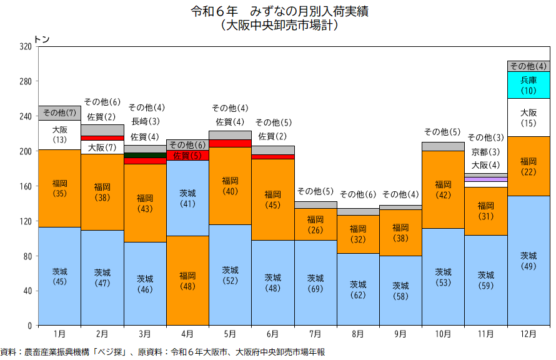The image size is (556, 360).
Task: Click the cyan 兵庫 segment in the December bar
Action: (529, 85)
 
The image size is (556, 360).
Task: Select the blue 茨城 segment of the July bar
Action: (315, 282)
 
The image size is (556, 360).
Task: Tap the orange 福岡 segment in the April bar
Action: (187, 280)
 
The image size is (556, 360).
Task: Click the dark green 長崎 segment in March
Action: (145, 155)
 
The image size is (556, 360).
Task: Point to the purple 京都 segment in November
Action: (486, 179)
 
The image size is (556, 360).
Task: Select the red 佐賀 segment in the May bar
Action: (230, 143)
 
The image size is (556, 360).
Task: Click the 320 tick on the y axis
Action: (26, 47)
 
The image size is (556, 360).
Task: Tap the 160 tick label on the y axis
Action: (26, 186)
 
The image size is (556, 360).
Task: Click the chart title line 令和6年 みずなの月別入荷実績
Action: (278, 12)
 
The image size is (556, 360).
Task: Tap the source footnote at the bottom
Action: (162, 352)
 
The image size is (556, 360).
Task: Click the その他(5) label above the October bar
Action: (442, 132)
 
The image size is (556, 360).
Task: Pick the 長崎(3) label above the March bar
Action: (145, 122)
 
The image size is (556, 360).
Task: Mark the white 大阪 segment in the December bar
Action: (529, 117)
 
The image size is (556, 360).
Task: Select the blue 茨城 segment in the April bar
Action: (187, 198)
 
